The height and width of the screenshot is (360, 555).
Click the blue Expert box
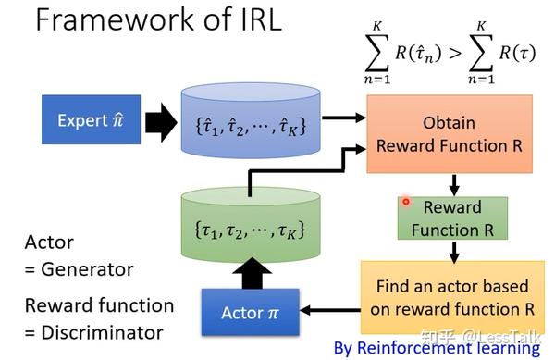pos(91,120)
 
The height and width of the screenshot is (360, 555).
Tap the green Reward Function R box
pos(453,217)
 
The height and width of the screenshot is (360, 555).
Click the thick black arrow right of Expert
pos(161,121)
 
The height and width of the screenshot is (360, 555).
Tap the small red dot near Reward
pos(406,202)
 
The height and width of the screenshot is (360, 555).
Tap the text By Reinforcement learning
pos(437,348)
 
